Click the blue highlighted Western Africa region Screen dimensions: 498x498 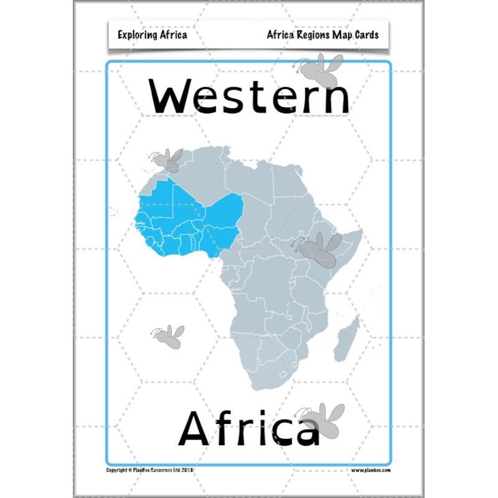coord(187,221)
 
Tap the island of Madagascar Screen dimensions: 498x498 coord(346,339)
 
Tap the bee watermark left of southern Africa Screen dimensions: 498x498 coord(168,336)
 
